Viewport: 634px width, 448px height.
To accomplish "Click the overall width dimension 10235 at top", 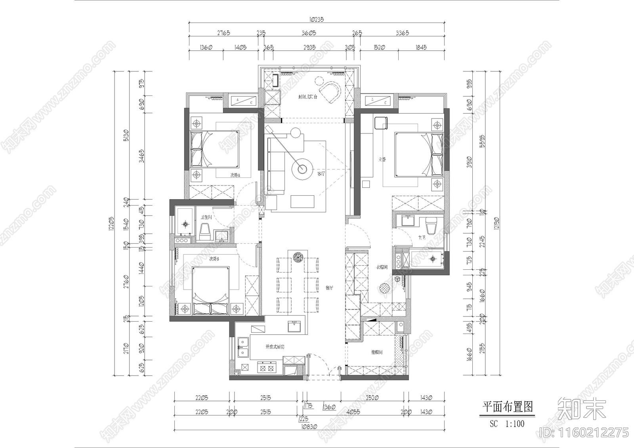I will click(x=316, y=19).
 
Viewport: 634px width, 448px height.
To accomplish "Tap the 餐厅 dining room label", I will click(x=329, y=288).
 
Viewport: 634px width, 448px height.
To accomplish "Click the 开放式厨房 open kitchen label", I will click(x=275, y=347).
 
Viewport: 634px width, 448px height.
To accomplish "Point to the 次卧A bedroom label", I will click(x=235, y=175).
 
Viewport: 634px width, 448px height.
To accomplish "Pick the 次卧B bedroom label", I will click(x=214, y=259).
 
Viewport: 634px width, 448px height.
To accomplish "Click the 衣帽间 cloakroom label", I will click(x=382, y=267).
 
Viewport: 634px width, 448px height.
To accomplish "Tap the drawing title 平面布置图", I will click(x=507, y=407).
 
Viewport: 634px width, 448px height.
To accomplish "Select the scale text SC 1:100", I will click(x=507, y=424).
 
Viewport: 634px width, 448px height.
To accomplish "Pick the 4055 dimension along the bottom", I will click(x=353, y=412).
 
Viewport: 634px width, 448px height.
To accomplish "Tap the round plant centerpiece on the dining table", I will click(x=298, y=257).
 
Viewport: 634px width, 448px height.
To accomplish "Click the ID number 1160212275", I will click(x=586, y=432).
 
